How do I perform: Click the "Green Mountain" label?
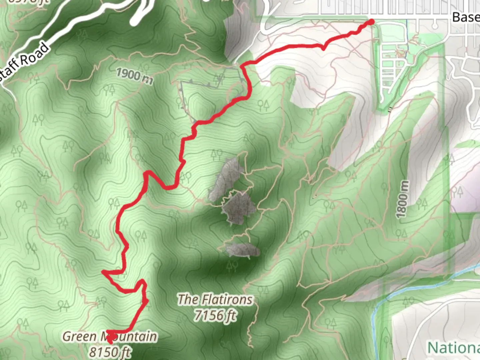pos(110,336)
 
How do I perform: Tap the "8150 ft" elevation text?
pos(110,352)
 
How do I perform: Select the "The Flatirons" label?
pos(215,299)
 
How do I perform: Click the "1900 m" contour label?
pos(135,76)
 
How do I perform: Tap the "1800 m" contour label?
pos(403,199)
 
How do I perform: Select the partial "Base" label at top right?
pos(466,17)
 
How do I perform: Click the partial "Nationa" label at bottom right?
pos(453,348)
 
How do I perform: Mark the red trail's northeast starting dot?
pos(371,22)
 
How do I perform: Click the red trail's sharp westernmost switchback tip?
pos(103,273)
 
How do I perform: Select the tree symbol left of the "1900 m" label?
pos(109,89)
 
